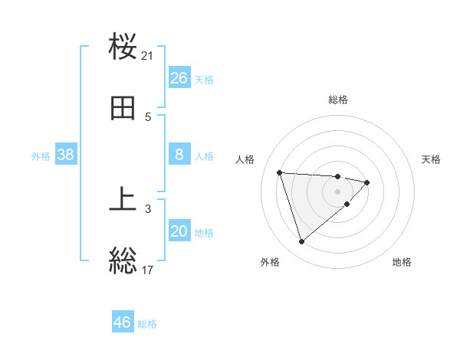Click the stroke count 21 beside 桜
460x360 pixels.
148,56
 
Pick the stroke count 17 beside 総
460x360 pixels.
148,270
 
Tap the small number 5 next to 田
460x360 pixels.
148,117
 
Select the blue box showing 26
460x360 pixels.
179,78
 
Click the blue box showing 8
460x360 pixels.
179,155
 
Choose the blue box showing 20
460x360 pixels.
179,231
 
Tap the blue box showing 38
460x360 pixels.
66,155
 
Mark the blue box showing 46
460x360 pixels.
123,322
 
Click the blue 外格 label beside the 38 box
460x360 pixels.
41,156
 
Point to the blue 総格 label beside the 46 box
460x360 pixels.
147,324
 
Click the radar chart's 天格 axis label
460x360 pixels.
432,159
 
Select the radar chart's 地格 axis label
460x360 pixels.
402,263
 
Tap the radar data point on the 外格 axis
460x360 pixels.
302,242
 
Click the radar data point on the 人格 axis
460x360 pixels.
280,172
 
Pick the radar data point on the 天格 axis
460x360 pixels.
367,182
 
